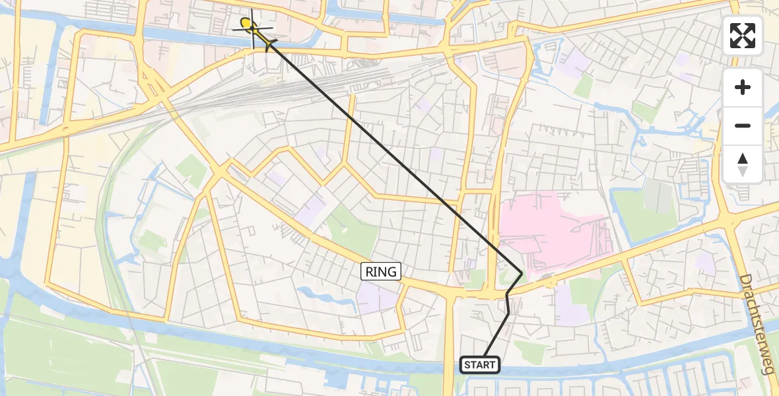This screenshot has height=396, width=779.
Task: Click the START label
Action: (x=479, y=365)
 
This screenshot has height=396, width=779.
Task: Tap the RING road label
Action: (x=382, y=271)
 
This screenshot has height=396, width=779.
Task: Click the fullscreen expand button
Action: (x=743, y=36)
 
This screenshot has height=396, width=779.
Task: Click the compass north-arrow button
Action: (x=743, y=164)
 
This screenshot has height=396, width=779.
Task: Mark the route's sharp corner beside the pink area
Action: (x=522, y=273)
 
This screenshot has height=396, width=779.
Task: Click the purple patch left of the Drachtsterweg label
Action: (x=705, y=264)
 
